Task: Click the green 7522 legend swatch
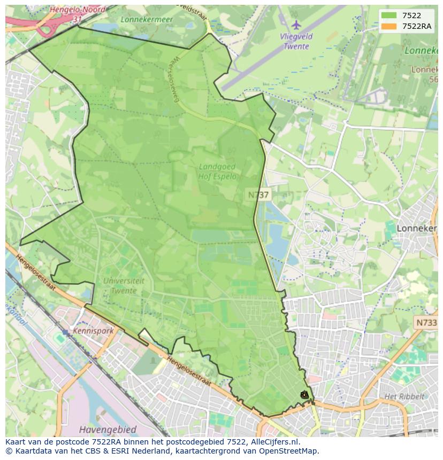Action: pos(389,15)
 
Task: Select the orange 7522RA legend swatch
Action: pos(389,26)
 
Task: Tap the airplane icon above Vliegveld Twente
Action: pos(296,25)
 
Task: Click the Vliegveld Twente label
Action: pos(295,41)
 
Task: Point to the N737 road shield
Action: pos(258,195)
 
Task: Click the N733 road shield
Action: pos(426,323)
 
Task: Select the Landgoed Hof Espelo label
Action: pos(217,171)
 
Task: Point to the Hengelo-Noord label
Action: pos(77,10)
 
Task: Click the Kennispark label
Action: pos(94,331)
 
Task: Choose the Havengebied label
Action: pos(107,429)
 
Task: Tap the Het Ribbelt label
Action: pos(404,396)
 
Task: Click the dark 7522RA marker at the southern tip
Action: pos(304,395)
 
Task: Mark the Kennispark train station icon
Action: pos(65,332)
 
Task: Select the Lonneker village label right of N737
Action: pos(417,228)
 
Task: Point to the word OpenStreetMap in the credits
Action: pos(289,451)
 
